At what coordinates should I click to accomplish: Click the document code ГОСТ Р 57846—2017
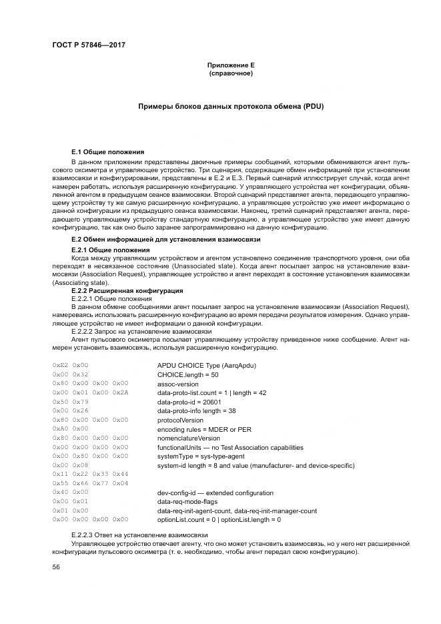(89, 45)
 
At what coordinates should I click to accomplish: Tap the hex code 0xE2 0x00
(70, 366)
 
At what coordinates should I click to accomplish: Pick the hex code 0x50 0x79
(70, 402)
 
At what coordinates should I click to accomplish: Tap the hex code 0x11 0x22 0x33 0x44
(90, 473)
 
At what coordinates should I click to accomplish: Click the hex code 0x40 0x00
(70, 492)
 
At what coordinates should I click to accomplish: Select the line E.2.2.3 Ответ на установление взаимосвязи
(139, 536)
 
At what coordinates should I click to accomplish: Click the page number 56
(57, 567)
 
